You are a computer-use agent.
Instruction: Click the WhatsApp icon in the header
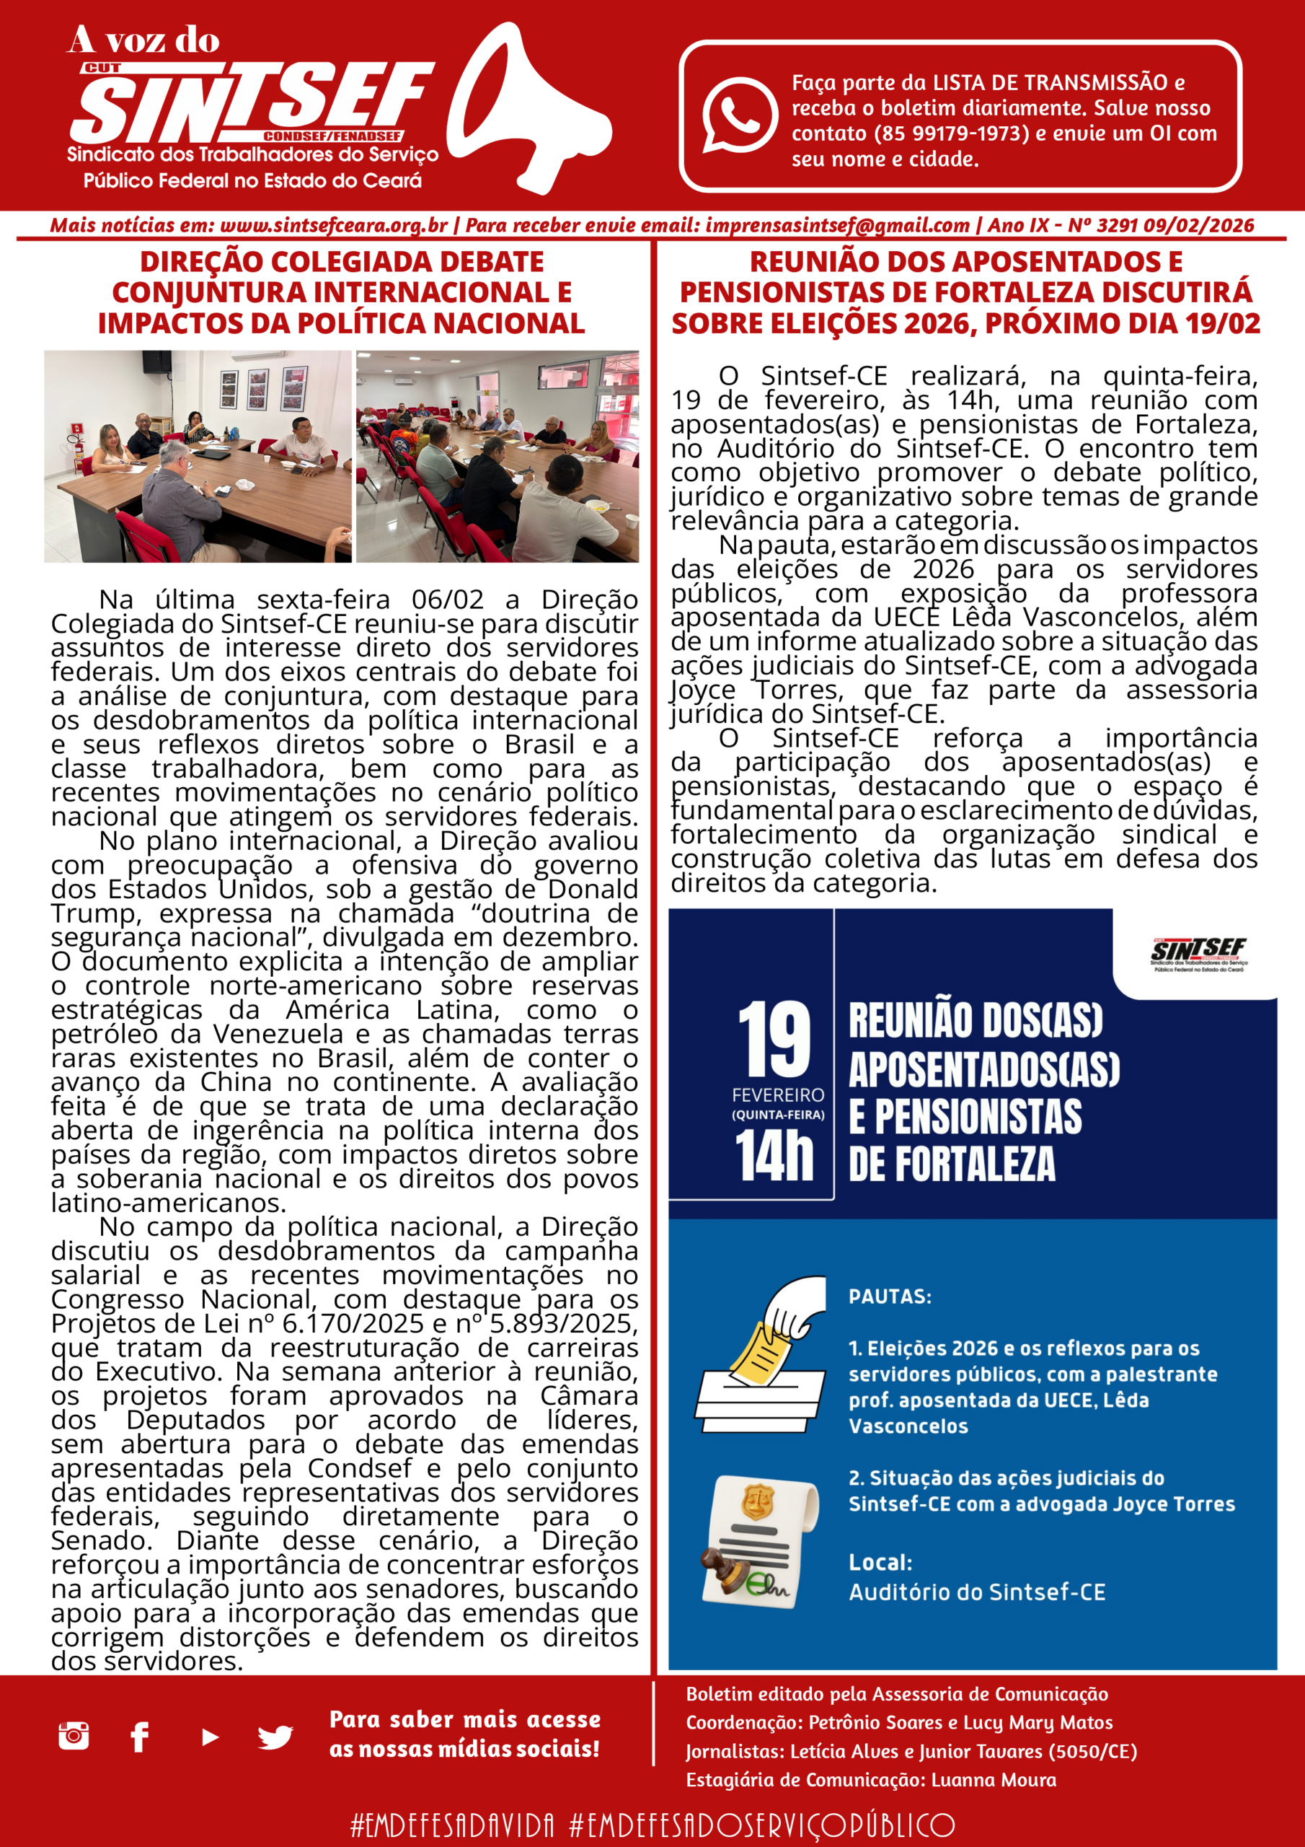click(739, 115)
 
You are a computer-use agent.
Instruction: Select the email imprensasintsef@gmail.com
click(837, 226)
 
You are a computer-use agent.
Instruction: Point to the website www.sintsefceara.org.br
click(333, 226)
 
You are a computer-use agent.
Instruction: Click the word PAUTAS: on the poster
click(889, 1297)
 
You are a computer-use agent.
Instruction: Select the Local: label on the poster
click(880, 1562)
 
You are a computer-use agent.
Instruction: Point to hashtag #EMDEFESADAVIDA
click(453, 1825)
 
